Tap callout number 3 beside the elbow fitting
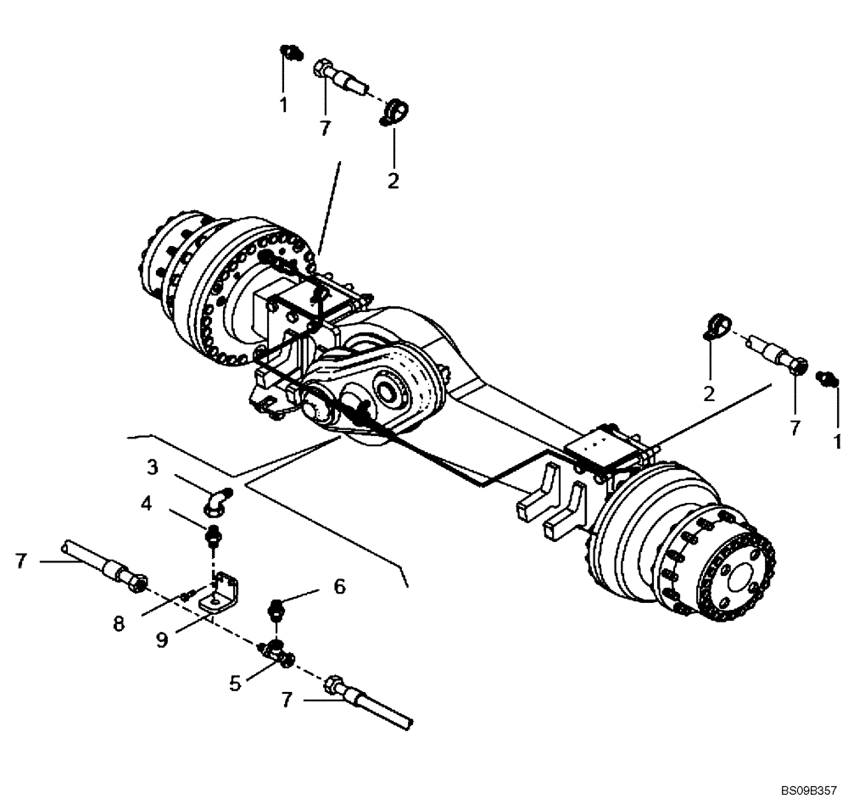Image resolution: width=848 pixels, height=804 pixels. [x=153, y=466]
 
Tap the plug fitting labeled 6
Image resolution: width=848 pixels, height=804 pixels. [x=276, y=608]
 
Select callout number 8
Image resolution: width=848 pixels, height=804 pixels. [x=119, y=623]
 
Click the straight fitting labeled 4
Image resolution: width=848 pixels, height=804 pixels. [x=213, y=538]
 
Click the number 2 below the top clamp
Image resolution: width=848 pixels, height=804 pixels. [x=393, y=181]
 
